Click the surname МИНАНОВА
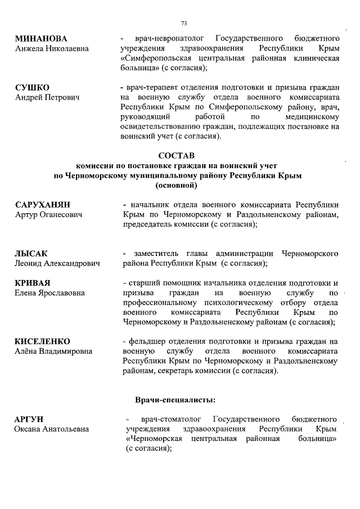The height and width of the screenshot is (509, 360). click(x=41, y=39)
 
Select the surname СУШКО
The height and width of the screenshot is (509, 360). click(x=31, y=88)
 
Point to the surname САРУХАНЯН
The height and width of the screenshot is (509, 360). click(x=46, y=205)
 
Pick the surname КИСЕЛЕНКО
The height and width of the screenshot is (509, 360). click(x=43, y=341)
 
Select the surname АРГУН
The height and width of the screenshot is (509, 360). click(x=30, y=420)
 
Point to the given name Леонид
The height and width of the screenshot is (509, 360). click(x=28, y=263)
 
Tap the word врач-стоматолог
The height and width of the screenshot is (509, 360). click(x=170, y=420)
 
